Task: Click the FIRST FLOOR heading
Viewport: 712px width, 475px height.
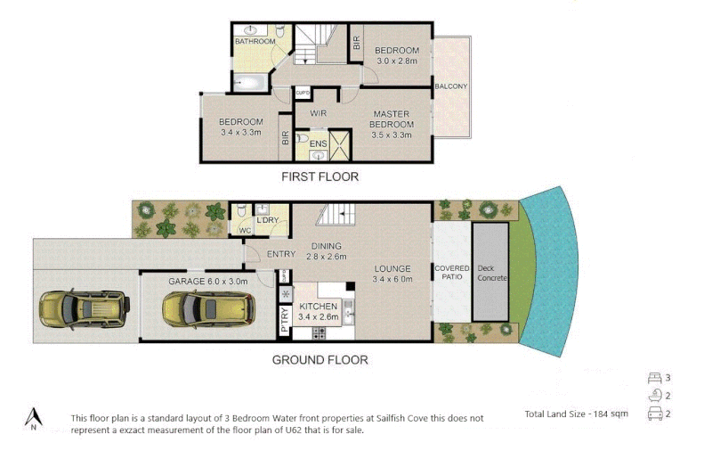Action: point(320,176)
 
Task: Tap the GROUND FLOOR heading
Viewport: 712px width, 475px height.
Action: point(320,360)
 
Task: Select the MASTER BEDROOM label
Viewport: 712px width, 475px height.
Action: point(392,119)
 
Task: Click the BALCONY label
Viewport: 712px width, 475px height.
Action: point(451,86)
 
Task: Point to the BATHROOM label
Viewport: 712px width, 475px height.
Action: point(254,42)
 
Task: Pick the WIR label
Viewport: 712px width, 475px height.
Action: point(319,114)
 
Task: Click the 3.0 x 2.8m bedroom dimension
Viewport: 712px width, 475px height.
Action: point(395,61)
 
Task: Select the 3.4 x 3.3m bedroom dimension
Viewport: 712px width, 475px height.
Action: point(240,132)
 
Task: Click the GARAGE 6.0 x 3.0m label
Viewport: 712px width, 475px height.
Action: point(206,281)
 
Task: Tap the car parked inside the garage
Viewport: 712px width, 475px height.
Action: point(200,309)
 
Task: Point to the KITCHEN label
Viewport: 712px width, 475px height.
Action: point(318,307)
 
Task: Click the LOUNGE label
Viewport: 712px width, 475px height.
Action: point(392,268)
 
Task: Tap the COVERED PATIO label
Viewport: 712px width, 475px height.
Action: point(451,273)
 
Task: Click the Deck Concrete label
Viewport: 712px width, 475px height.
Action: point(491,272)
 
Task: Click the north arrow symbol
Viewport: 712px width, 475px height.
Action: point(34,417)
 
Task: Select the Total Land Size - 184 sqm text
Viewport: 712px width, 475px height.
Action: point(578,414)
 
